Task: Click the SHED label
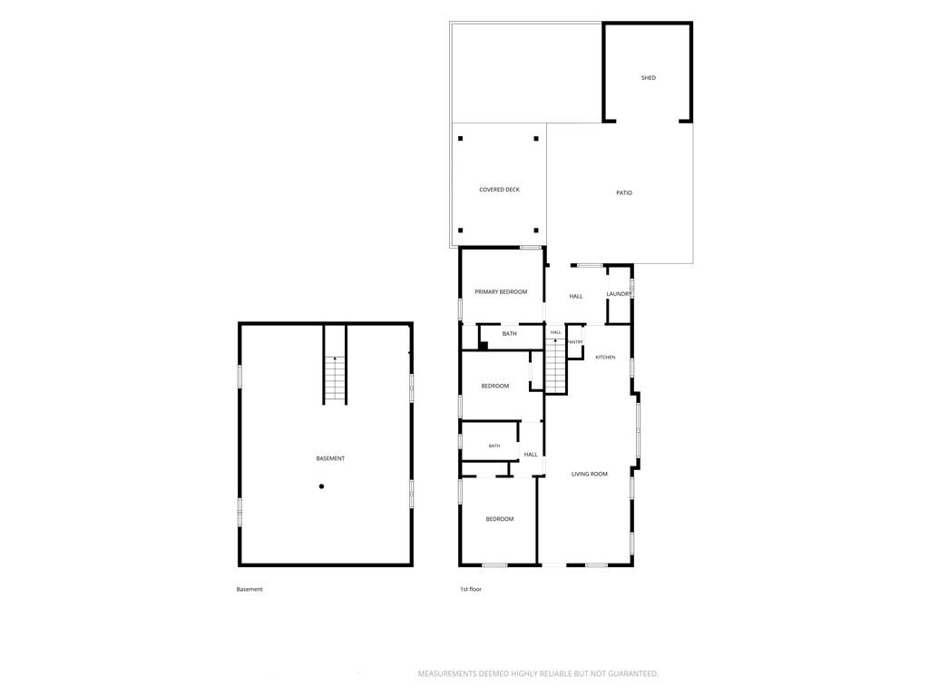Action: click(648, 78)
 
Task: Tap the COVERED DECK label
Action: click(500, 190)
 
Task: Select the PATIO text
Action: click(624, 192)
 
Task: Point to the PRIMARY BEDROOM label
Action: click(501, 291)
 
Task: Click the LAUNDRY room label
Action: click(619, 294)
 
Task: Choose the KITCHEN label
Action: click(605, 358)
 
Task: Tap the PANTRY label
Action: click(575, 342)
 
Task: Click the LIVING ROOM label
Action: click(590, 474)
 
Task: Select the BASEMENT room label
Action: click(330, 458)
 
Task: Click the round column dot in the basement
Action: click(322, 486)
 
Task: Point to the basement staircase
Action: click(335, 379)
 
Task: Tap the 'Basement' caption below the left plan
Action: click(249, 589)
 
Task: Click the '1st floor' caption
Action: click(471, 589)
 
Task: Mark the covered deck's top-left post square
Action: click(460, 139)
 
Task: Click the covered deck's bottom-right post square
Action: click(536, 231)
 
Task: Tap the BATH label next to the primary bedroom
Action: click(510, 334)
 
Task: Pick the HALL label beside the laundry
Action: click(576, 297)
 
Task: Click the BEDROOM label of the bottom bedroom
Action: click(500, 519)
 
